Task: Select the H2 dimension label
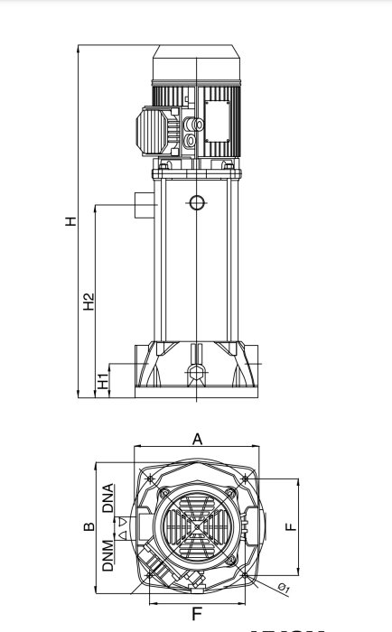pyautogui.click(x=89, y=302)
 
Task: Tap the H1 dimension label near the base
pyautogui.click(x=103, y=382)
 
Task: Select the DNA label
pyautogui.click(x=108, y=498)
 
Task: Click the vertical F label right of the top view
pyautogui.click(x=291, y=526)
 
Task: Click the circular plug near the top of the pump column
pyautogui.click(x=196, y=202)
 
